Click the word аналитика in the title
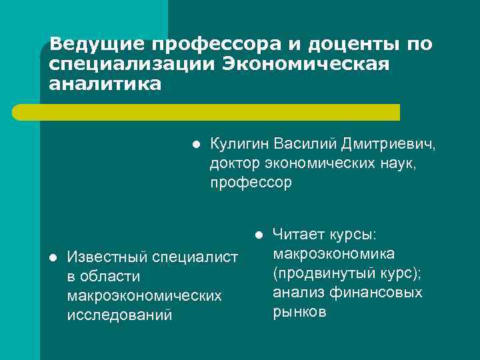pyautogui.click(x=105, y=85)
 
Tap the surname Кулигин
pyautogui.click(x=237, y=144)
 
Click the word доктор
pyautogui.click(x=233, y=163)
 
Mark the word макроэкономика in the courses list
pyautogui.click(x=333, y=254)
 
